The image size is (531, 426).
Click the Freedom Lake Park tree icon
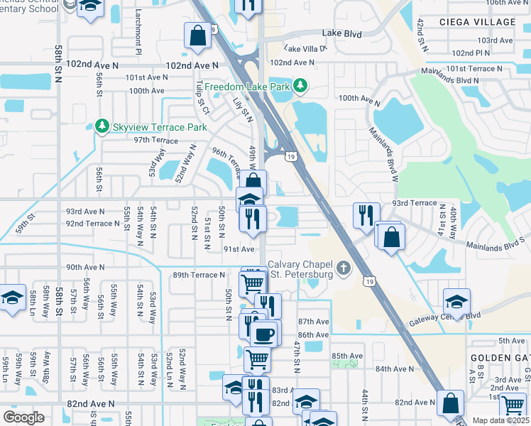[300, 86]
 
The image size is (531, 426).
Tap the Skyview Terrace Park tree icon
[102, 126]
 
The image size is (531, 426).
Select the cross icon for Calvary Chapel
[344, 269]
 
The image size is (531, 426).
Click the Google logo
[23, 417]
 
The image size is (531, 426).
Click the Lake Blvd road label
[341, 33]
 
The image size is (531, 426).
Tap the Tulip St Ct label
[202, 97]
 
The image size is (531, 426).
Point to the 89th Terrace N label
[199, 275]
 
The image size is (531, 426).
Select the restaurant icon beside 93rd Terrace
[366, 215]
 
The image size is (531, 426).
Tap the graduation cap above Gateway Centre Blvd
[456, 300]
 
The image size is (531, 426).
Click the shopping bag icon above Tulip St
[197, 35]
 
